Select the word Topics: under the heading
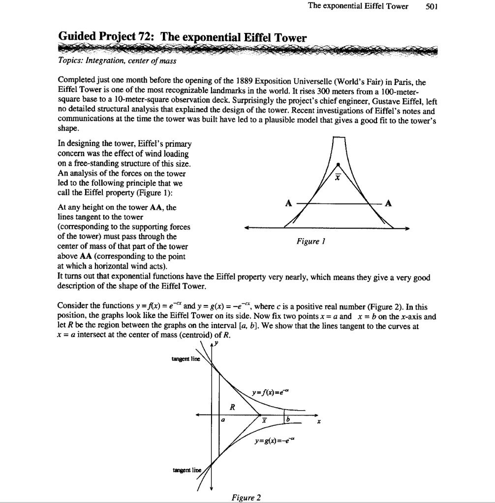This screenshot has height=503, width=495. [71, 61]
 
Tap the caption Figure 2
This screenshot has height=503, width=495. [246, 497]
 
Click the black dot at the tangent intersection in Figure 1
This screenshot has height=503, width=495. [337, 165]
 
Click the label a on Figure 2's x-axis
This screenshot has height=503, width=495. [222, 420]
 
